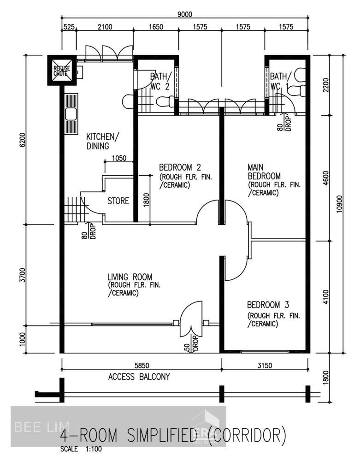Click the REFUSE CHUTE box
click(x=61, y=70)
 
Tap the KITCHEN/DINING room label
click(x=102, y=141)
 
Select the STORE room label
click(x=118, y=201)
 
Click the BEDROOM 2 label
click(x=180, y=167)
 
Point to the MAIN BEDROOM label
click(x=264, y=171)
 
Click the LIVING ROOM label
click(x=130, y=277)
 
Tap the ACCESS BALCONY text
click(x=139, y=377)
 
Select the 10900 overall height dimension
click(x=340, y=203)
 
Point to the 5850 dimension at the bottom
click(x=141, y=365)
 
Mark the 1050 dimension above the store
click(x=118, y=158)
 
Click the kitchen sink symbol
click(x=71, y=113)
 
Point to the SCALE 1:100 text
click(x=81, y=449)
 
